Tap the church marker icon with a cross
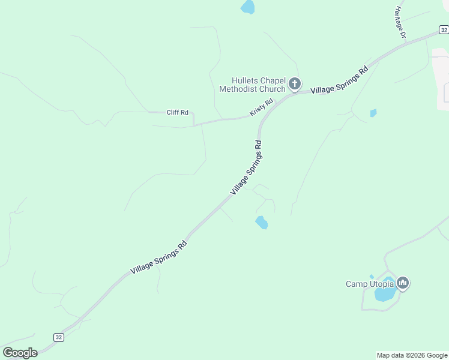coord(295,83)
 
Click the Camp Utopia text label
coord(369,284)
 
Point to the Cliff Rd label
coord(177,112)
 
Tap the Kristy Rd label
coord(261,107)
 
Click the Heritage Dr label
coord(400,23)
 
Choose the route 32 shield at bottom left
coord(58,337)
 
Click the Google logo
coord(20,352)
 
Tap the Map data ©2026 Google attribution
coord(412,355)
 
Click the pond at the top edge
coord(247,7)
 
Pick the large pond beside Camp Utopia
coord(384,293)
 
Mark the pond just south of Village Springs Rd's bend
coord(261,223)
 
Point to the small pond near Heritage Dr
coord(373,113)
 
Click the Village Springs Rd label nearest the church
coord(339,80)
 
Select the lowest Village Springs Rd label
coord(158,257)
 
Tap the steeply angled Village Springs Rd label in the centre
coord(246,167)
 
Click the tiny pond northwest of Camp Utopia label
coord(372,277)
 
